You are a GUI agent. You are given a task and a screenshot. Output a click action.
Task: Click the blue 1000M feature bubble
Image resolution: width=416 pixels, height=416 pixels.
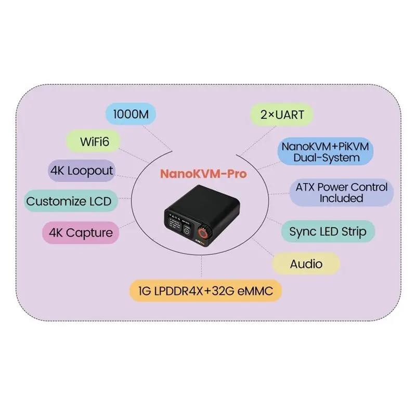coord(131,114)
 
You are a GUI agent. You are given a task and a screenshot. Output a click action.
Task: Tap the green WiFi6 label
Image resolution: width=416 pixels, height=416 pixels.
coord(93,141)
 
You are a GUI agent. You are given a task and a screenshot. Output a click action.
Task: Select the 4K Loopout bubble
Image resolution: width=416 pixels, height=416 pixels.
coord(82,171)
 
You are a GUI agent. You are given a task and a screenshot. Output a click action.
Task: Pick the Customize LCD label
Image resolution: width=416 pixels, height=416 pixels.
coord(71,201)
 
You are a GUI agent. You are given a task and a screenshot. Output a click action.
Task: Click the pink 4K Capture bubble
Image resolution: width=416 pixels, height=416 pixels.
coord(81,232)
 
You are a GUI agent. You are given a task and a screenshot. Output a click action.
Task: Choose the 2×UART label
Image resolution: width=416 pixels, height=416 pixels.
coord(282,114)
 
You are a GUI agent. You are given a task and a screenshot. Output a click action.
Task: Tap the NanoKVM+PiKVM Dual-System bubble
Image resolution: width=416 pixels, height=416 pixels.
coord(326,151)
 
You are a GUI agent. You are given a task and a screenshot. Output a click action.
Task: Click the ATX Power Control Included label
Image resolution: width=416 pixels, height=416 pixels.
coord(342,192)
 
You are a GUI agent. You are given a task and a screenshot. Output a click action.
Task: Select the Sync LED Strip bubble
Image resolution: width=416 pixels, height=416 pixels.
coord(328,231)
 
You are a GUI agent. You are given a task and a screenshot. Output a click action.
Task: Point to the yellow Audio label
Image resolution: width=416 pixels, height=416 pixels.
coord(306,264)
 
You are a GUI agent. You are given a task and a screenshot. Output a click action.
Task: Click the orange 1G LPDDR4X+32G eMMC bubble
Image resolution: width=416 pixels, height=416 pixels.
coord(205,291)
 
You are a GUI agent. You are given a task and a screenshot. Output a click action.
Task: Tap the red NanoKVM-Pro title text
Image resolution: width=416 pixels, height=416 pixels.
coord(203,174)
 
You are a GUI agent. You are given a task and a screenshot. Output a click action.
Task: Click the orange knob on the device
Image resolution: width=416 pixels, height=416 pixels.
coord(203,233)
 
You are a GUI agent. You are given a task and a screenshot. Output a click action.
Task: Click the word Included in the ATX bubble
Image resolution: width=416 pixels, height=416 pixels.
coord(341,199)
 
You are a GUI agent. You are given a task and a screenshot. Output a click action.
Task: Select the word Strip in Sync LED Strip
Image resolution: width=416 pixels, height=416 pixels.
coord(354,232)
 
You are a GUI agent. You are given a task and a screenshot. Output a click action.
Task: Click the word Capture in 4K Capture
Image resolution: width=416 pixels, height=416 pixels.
coord(89,233)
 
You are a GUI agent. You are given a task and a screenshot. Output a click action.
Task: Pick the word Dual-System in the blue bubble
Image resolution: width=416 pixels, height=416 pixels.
coord(327,158)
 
